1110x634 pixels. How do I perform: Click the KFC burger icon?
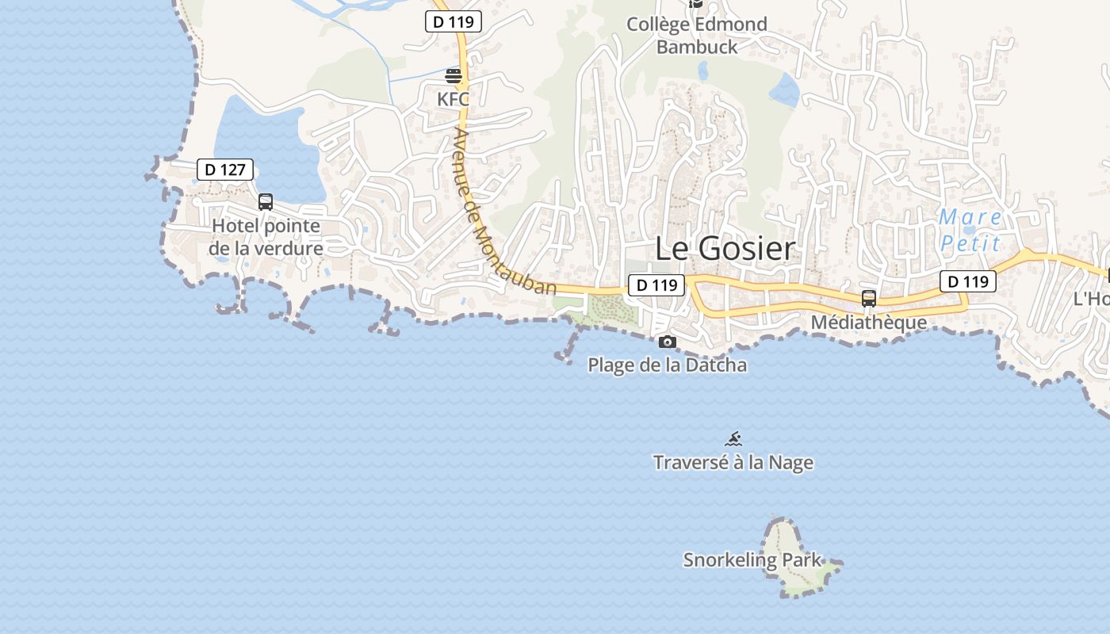coord(454,76)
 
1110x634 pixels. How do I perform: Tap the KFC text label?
coord(454,100)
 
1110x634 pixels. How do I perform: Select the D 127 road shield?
coord(225,170)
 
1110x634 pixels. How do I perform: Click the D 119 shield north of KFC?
coord(454,22)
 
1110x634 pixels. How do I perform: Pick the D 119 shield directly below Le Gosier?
coord(656,285)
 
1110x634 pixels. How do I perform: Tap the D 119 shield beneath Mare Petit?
coord(968,281)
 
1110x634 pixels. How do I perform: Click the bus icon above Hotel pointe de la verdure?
coord(266,202)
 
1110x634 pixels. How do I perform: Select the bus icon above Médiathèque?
coord(869,299)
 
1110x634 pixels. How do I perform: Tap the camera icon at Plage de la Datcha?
coord(668,342)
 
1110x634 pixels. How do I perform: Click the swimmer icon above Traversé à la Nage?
coord(733,439)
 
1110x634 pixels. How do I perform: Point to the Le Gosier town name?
coord(725,249)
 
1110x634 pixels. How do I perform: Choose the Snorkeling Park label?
coord(753,560)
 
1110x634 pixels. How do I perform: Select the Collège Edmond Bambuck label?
coord(697,36)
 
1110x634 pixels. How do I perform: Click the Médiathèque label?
coord(869,323)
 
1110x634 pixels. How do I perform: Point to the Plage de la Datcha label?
coord(667,365)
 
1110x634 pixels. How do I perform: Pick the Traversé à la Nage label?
coord(733,463)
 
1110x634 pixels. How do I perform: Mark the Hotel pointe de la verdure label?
coord(266,237)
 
